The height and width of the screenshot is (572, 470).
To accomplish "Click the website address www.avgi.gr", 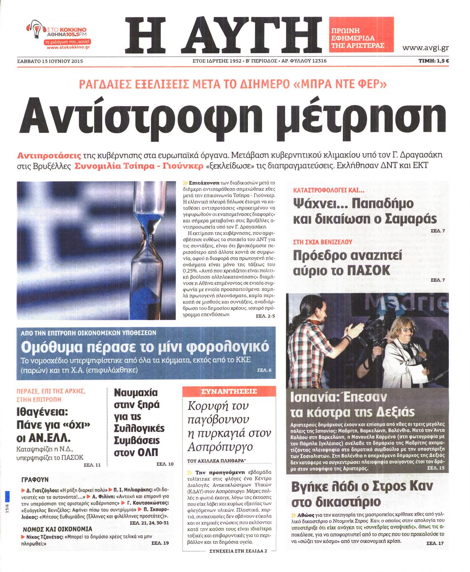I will coord(425,48).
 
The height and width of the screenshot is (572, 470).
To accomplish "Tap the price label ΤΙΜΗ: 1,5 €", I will coord(433,61).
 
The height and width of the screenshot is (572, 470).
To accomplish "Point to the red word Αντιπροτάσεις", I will coord(49,156).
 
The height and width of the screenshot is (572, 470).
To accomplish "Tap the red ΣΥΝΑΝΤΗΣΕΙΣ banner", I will coord(229,391).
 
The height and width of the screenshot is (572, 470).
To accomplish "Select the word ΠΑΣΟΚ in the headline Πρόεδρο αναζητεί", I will coord(368,270).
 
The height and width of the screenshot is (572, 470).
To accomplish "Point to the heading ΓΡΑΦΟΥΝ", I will coord(35,480).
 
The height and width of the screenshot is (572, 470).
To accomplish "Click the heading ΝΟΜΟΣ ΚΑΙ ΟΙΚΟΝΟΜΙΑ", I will coord(57,529).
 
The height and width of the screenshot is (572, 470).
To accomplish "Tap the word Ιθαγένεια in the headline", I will coord(42,412).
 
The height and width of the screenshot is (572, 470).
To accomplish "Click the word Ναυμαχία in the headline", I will coord(136,392).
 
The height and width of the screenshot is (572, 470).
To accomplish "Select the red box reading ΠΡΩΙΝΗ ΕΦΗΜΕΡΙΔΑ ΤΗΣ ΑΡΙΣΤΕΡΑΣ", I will coord(361,38).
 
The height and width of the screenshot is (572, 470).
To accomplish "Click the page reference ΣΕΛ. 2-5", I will coord(265,316).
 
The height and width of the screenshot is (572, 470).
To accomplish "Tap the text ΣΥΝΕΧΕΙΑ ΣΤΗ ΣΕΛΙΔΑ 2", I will coord(238,551).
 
